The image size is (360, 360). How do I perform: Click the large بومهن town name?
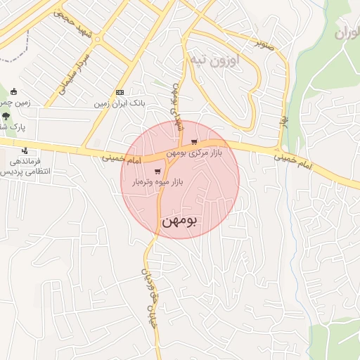pyautogui.click(x=180, y=220)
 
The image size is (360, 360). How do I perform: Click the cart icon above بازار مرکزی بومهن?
pyautogui.click(x=193, y=141)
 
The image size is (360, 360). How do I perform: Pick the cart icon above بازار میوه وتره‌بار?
pyautogui.click(x=157, y=171)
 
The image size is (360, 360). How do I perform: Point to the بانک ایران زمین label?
pyautogui.click(x=120, y=103)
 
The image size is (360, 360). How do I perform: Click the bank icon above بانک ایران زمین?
pyautogui.click(x=120, y=93)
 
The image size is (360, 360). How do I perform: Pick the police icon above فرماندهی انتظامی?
pyautogui.click(x=25, y=150)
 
